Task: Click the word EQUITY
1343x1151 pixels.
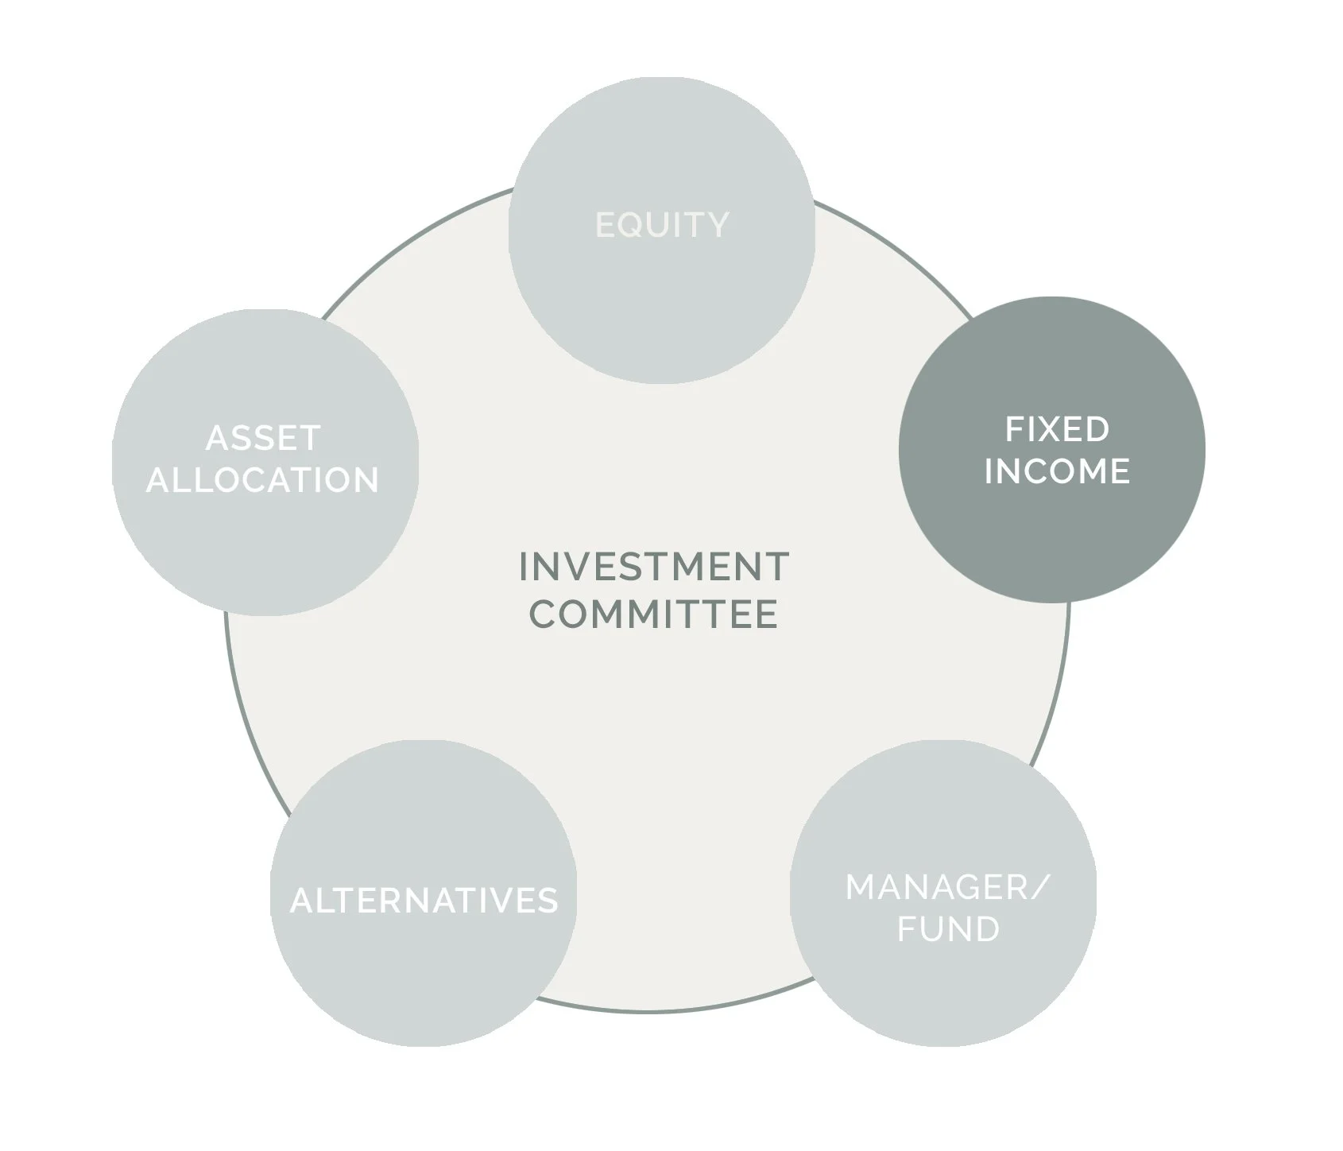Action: pyautogui.click(x=662, y=225)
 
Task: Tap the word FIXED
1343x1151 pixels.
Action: pyautogui.click(x=1057, y=430)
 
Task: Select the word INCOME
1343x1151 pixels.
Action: pyautogui.click(x=1057, y=471)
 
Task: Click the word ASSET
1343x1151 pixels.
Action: pyautogui.click(x=263, y=439)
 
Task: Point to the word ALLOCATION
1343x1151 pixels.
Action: pyautogui.click(x=263, y=480)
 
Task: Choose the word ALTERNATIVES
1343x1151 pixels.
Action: pyautogui.click(x=424, y=901)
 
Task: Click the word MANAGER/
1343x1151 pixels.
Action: pyautogui.click(x=947, y=888)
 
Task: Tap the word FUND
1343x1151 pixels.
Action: pyautogui.click(x=948, y=929)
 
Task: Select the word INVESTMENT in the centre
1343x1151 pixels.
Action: pyautogui.click(x=654, y=568)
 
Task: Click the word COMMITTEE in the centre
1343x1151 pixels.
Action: pyautogui.click(x=654, y=614)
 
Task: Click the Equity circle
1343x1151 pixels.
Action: pyautogui.click(x=662, y=302)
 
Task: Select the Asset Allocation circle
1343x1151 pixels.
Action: pyautogui.click(x=265, y=541)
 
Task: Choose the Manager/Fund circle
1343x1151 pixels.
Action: pyautogui.click(x=943, y=986)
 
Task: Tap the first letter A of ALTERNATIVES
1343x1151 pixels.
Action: pyautogui.click(x=300, y=901)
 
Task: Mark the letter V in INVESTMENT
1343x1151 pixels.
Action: pyautogui.click(x=580, y=568)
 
